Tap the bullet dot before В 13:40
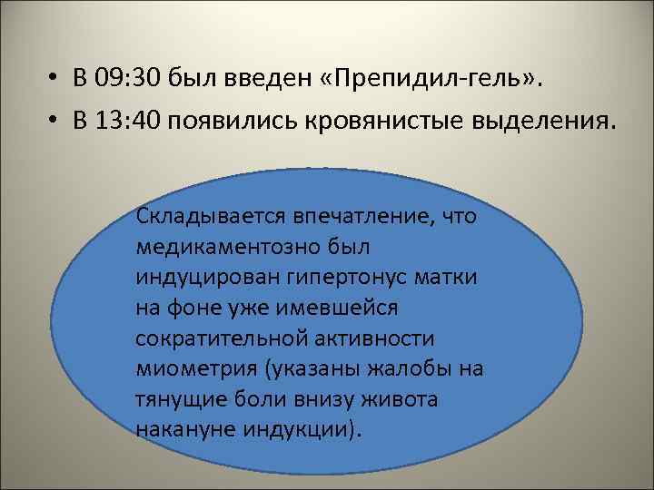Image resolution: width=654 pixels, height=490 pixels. (55, 123)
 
